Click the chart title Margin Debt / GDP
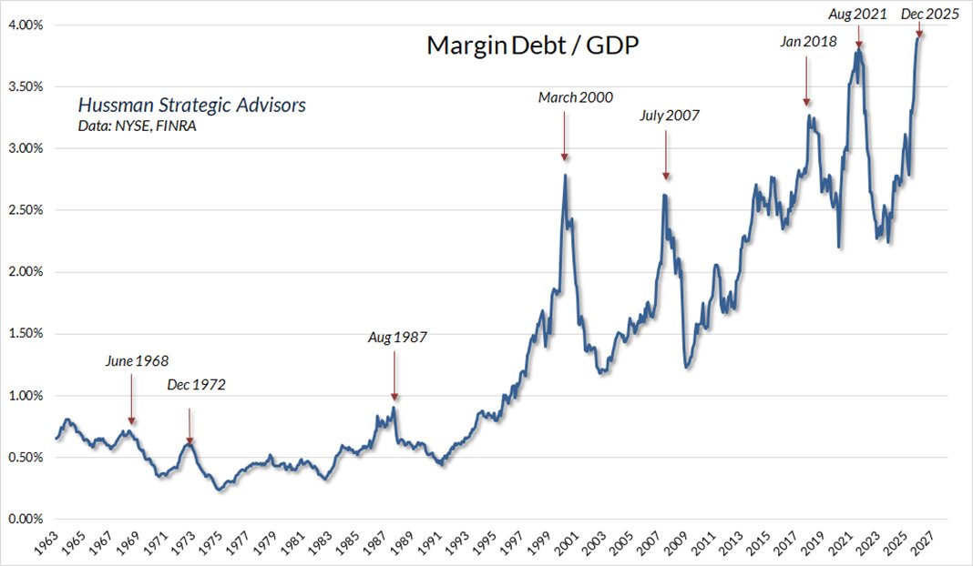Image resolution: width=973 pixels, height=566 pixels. tap(533, 46)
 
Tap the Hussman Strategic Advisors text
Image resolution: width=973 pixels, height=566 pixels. tap(191, 106)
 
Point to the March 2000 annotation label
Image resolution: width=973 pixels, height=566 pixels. tap(576, 97)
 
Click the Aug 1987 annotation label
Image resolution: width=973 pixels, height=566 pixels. tap(396, 338)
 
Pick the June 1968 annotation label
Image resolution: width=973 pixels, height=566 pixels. tap(138, 360)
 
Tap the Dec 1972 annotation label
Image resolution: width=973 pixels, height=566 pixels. tap(196, 385)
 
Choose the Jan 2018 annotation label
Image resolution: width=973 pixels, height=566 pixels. tap(808, 41)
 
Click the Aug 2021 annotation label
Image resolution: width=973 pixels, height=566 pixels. tap(857, 14)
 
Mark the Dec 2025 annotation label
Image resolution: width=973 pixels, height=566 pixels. tap(930, 14)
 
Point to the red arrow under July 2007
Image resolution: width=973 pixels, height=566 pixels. tap(666, 155)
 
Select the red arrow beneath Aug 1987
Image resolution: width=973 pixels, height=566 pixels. tap(394, 375)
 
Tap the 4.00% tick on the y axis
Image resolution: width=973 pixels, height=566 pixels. tap(25, 25)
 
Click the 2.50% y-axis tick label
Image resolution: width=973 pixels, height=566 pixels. tap(25, 210)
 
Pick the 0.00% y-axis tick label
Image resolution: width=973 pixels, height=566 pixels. tap(25, 520)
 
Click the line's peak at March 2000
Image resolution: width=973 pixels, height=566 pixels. tap(565, 175)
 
